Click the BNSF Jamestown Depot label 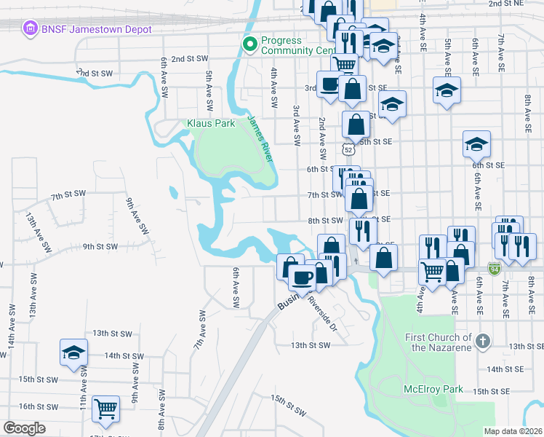coord(97,29)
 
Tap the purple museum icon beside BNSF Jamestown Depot coord(31,29)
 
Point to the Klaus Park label coord(211,123)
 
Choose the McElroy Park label coord(433,389)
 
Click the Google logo coord(25,428)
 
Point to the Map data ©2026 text coord(513,431)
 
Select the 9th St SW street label coord(100,246)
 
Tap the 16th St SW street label coord(36,406)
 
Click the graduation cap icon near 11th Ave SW coord(73,353)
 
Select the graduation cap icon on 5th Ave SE coord(447,91)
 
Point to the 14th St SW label coord(122,355)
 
